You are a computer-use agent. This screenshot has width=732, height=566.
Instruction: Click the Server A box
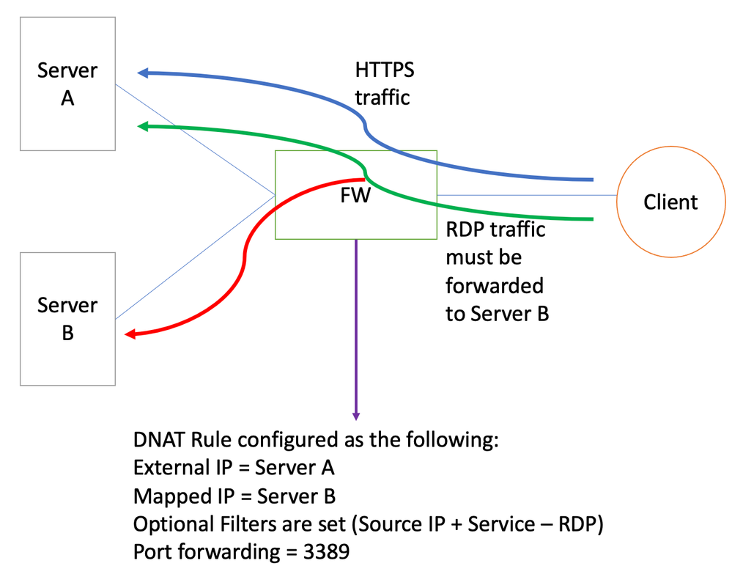click(x=67, y=84)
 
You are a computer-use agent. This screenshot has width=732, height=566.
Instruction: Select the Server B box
click(x=67, y=318)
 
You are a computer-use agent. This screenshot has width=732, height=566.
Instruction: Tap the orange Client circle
click(x=670, y=202)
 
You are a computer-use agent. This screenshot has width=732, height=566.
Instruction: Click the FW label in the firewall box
click(x=355, y=196)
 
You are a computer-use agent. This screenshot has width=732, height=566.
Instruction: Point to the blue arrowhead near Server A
click(x=144, y=73)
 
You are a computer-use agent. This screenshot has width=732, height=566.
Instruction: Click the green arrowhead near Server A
click(x=144, y=127)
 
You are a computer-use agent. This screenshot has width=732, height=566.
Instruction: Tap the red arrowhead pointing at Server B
click(x=130, y=334)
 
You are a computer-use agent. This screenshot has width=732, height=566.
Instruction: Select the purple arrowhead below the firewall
click(x=356, y=415)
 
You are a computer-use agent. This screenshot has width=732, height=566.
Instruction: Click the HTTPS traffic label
click(x=384, y=84)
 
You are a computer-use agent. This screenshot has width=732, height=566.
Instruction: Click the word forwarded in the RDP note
click(x=495, y=285)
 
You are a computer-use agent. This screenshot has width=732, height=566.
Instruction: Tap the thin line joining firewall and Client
click(x=528, y=195)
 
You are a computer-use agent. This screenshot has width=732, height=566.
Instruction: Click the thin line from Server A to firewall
click(x=194, y=140)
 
